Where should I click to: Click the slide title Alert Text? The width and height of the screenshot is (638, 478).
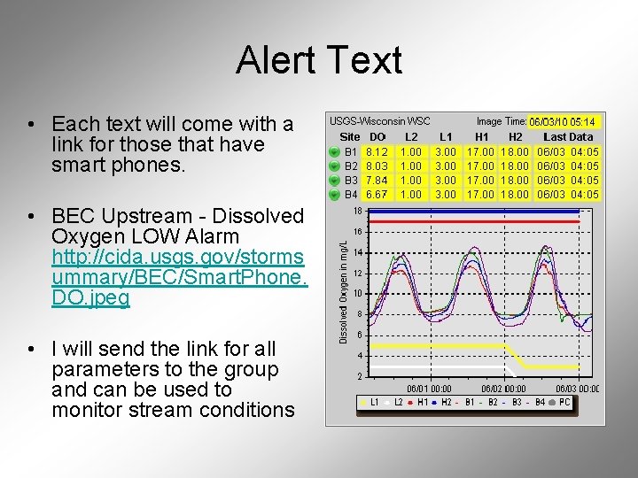(x=319, y=61)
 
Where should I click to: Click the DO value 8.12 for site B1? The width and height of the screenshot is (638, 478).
(x=377, y=151)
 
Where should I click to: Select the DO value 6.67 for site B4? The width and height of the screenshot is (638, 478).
(x=377, y=194)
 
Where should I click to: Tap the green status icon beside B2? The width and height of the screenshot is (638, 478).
(x=332, y=166)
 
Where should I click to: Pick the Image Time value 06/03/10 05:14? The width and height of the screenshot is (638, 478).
(x=563, y=121)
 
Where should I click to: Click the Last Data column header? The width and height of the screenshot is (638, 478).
(x=567, y=136)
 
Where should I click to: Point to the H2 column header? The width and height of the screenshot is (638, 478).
(x=515, y=136)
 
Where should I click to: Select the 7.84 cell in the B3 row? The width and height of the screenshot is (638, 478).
(x=377, y=180)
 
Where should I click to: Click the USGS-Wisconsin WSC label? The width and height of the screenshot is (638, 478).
(x=379, y=120)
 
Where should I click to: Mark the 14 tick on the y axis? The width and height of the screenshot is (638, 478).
(x=357, y=252)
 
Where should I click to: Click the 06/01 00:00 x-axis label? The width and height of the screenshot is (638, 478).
(x=429, y=388)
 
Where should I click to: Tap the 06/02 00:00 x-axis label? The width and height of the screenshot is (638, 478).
(x=503, y=388)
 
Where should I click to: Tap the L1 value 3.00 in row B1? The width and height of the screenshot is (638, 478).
(x=446, y=151)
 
